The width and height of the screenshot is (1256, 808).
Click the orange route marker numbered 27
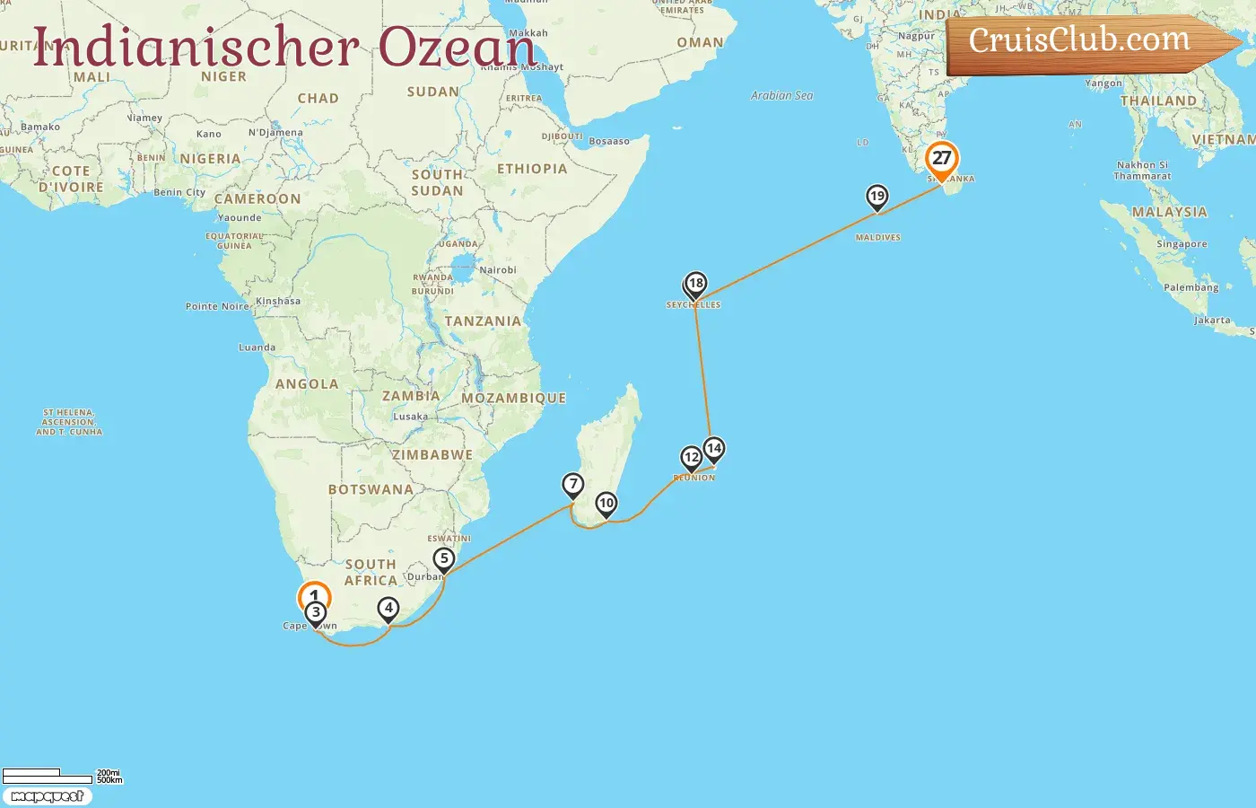tap(941, 159)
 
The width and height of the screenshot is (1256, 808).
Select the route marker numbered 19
tap(877, 197)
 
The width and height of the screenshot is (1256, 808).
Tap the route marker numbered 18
tap(695, 285)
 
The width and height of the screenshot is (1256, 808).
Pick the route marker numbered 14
tap(713, 449)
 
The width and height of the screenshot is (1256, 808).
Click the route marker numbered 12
tap(691, 458)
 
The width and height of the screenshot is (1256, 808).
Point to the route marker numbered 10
tap(606, 504)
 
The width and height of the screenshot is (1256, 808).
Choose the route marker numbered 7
tap(573, 485)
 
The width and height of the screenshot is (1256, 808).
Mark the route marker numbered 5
tap(444, 559)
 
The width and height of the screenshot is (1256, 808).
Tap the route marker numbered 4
tap(388, 609)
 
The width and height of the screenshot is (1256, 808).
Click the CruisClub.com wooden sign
tap(1086, 41)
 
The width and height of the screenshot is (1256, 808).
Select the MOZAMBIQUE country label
tap(513, 398)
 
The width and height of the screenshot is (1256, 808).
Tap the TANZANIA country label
tap(483, 321)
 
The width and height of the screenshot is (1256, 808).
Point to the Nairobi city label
tap(498, 270)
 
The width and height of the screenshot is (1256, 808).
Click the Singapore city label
tap(1182, 244)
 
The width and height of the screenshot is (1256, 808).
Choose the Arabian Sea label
tap(781, 95)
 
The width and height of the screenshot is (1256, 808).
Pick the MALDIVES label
tap(877, 238)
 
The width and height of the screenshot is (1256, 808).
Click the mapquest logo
tap(48, 796)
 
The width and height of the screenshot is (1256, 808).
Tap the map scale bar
tap(48, 776)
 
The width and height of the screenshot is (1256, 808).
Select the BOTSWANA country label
tap(371, 489)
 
